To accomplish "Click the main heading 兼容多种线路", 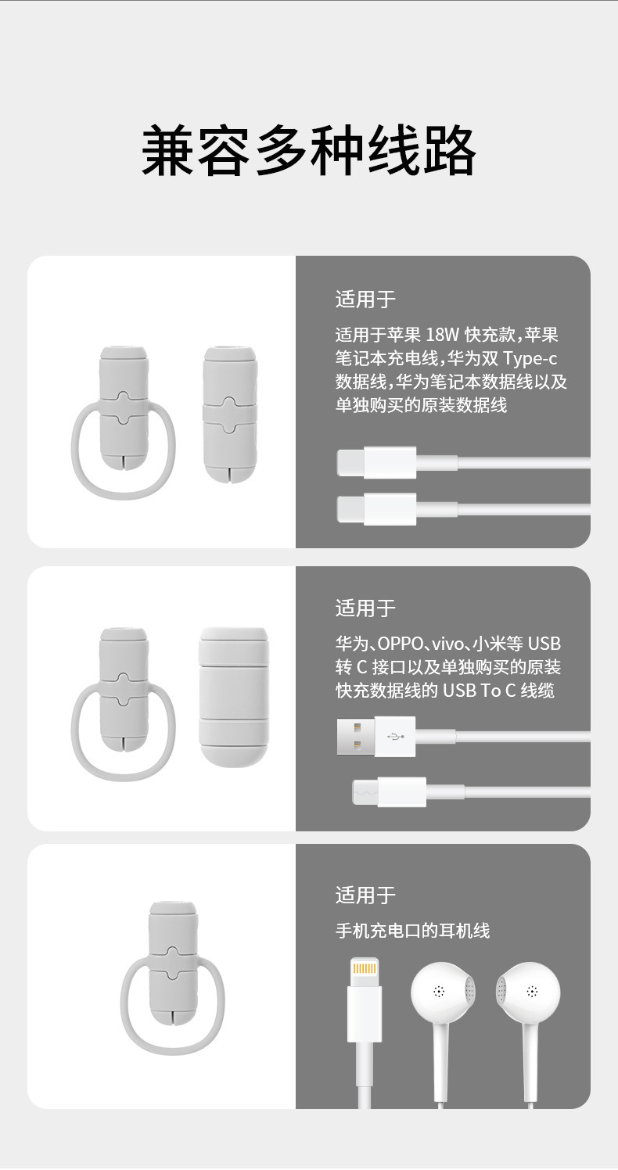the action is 309,151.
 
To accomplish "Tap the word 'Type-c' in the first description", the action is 530,359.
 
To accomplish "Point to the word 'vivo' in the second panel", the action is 447,644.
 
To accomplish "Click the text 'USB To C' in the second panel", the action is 479,691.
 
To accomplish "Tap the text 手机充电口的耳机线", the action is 413,930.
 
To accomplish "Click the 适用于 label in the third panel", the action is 365,895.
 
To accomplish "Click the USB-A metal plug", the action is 356,737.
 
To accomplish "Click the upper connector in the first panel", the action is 376,462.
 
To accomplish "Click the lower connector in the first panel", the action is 376,509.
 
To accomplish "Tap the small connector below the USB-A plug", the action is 390,791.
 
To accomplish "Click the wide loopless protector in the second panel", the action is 234,697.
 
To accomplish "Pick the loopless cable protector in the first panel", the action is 229,413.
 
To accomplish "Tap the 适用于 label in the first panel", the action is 365,300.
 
